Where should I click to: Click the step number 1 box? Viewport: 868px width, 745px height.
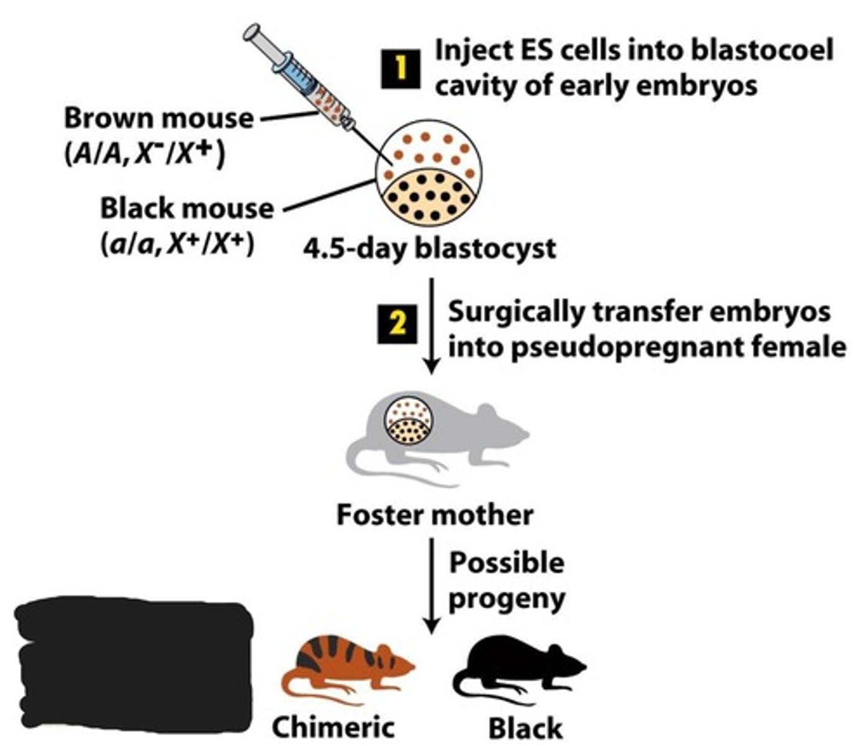[x=400, y=68]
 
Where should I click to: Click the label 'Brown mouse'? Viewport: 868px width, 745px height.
[x=159, y=118]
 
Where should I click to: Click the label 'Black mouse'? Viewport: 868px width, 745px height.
[x=187, y=209]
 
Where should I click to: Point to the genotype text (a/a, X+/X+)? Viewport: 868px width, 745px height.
[x=178, y=243]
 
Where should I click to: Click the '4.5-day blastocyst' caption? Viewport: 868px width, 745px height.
[x=430, y=248]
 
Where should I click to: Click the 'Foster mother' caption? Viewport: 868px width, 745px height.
[x=435, y=515]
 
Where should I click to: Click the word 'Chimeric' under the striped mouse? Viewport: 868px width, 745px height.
[x=333, y=727]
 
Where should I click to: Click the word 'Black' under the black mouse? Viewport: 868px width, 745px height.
[x=525, y=728]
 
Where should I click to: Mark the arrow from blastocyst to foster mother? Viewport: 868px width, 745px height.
[x=431, y=326]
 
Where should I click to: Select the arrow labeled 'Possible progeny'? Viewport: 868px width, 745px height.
[x=431, y=584]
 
